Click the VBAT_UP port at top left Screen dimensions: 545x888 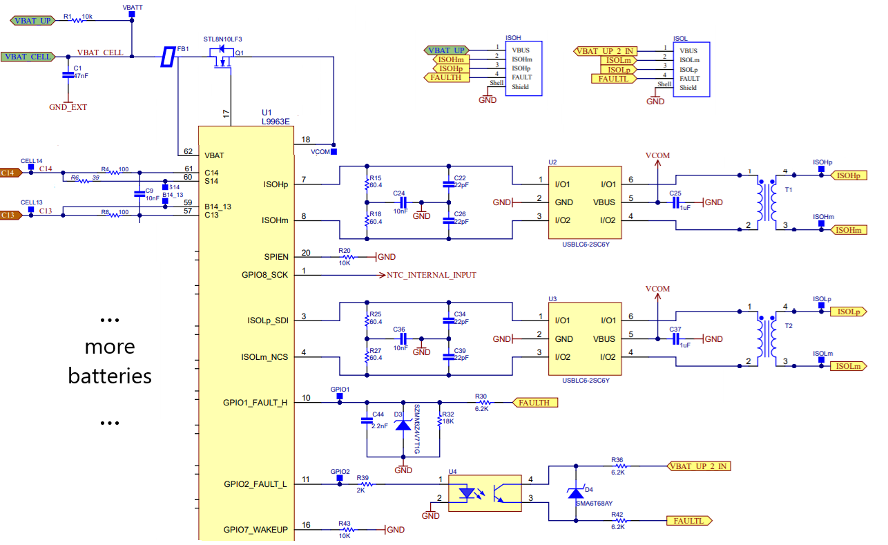32,21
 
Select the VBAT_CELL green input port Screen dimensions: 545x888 28,57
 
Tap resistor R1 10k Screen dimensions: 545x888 77,21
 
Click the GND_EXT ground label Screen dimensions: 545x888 68,107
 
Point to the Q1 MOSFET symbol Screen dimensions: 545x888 222,58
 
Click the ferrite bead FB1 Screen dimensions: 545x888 166,57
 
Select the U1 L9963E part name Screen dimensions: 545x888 276,121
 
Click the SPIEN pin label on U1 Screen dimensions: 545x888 276,257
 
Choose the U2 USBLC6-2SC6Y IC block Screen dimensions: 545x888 584,202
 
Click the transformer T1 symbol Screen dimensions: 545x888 766,201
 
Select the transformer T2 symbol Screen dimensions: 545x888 766,336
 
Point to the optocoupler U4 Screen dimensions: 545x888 485,493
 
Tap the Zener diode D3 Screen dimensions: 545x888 403,425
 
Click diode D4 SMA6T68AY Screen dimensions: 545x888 575,493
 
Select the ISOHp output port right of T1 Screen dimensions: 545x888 847,176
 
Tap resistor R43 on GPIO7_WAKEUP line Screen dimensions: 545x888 345,530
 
